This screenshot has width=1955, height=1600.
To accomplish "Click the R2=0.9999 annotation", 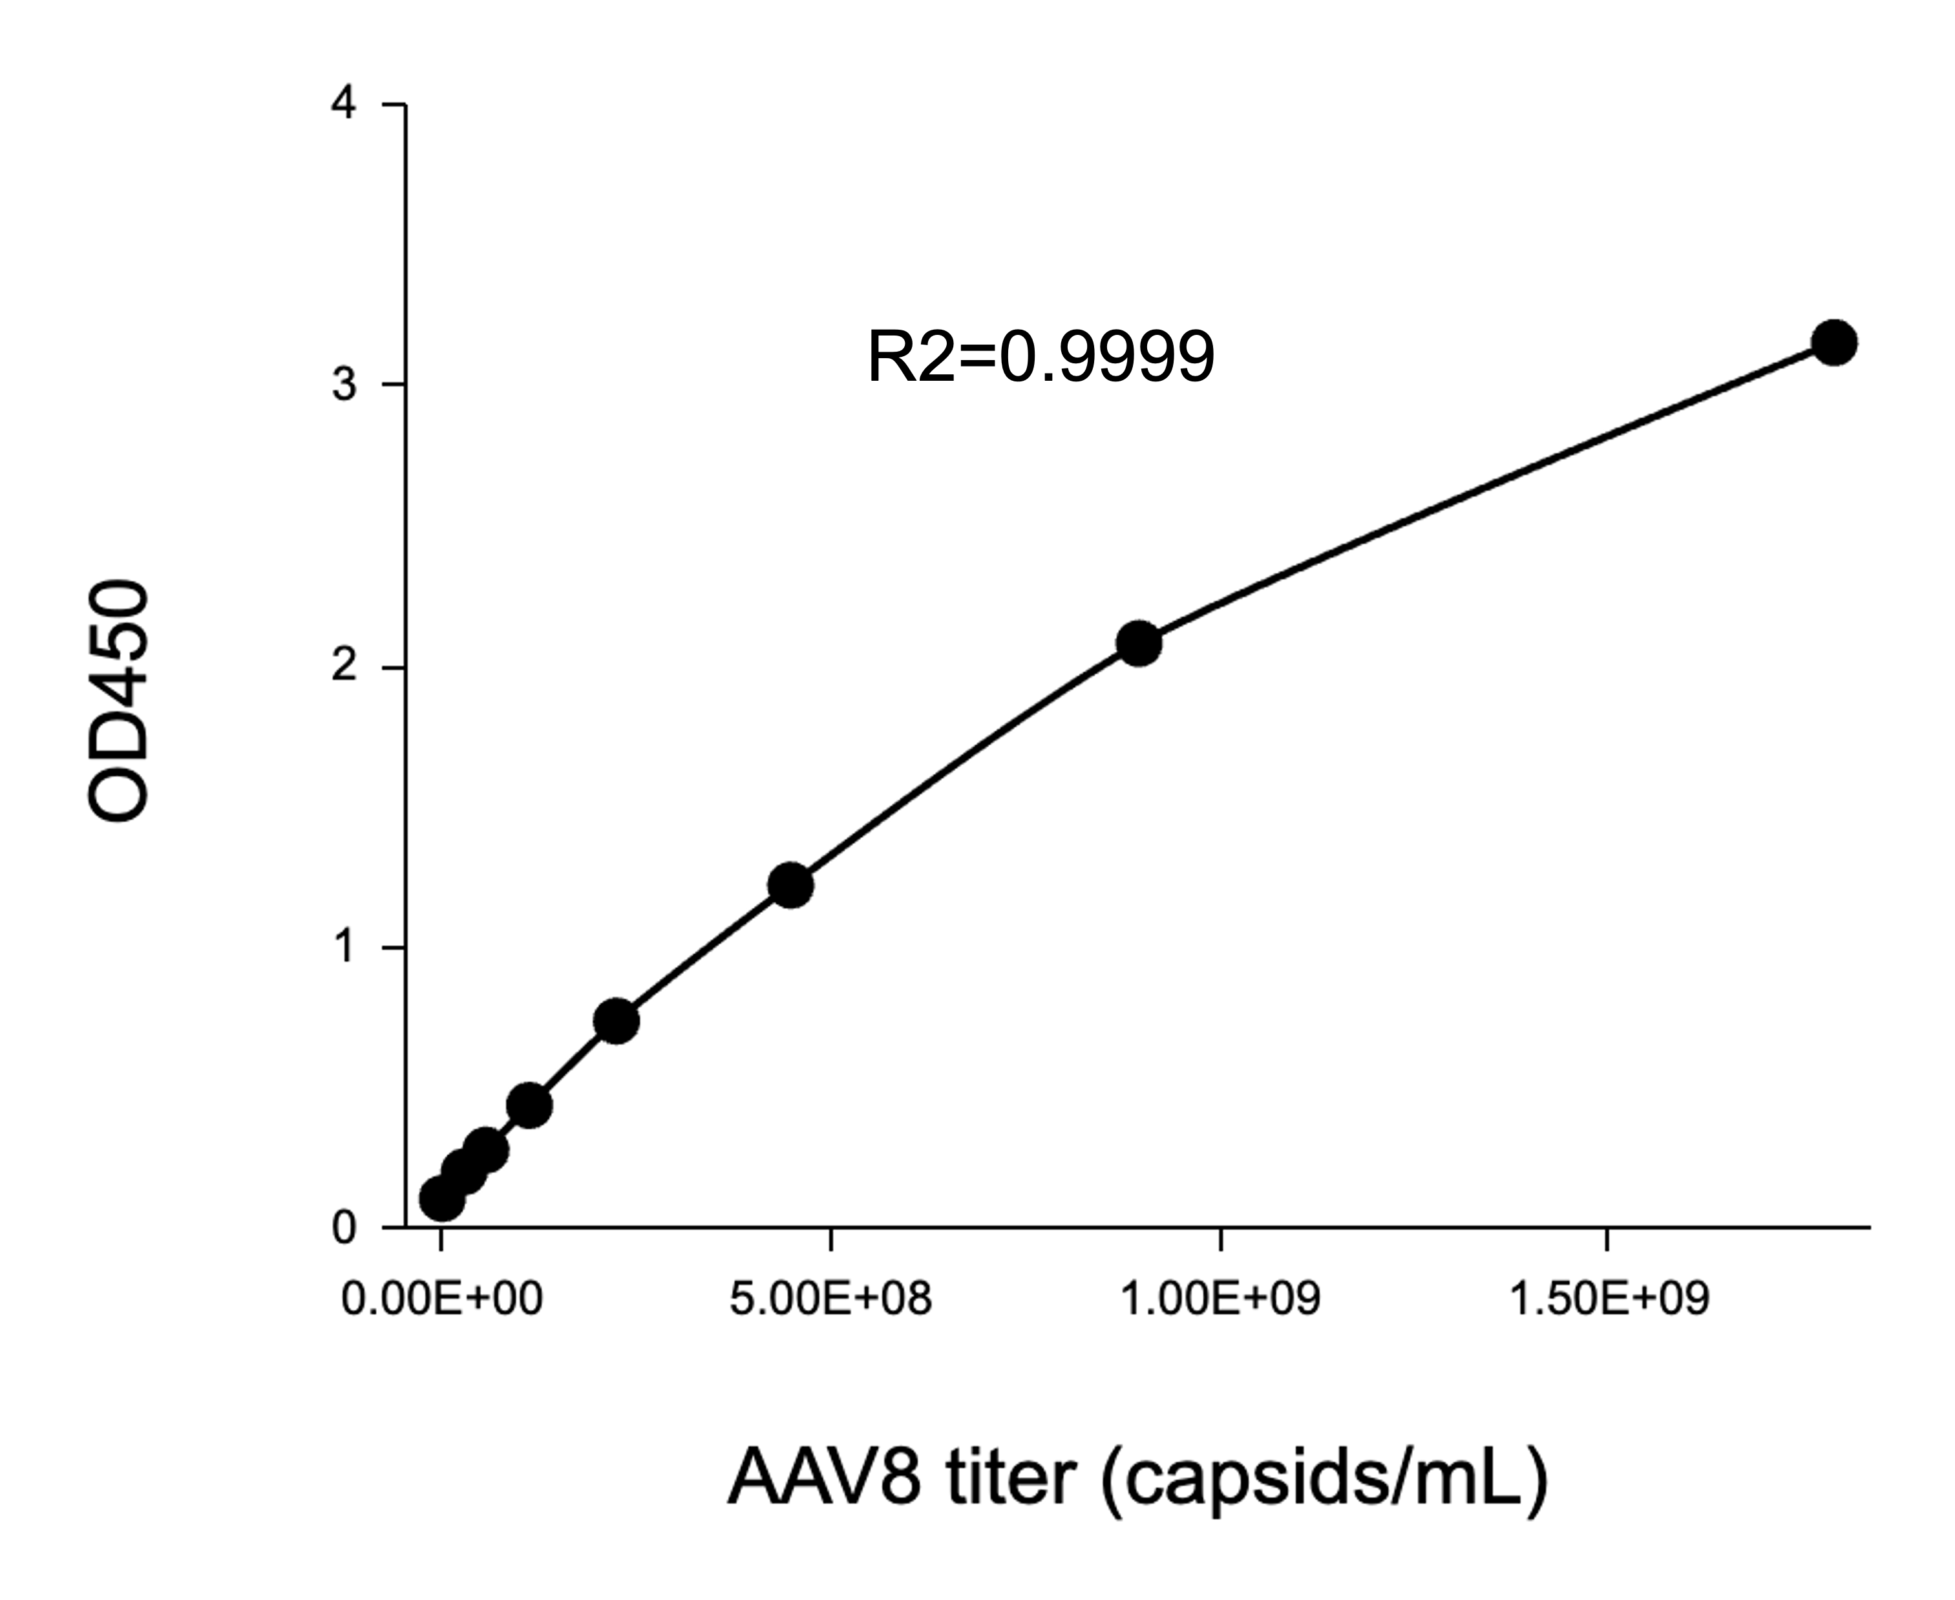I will coord(1041,357).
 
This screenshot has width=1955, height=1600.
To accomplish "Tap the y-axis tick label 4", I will coord(344,104).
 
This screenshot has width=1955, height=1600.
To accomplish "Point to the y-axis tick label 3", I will coord(344,385).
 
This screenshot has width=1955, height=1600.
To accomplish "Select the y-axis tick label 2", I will coord(344,667).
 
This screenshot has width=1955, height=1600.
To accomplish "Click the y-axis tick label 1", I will coord(344,946).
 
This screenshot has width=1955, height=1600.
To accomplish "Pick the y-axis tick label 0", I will coord(344,1228).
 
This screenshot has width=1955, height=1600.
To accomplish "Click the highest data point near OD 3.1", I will coord(1833,343).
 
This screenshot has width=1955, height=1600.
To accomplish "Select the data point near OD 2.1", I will coord(1139,643).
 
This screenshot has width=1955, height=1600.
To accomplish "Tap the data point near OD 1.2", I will coord(790,885).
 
